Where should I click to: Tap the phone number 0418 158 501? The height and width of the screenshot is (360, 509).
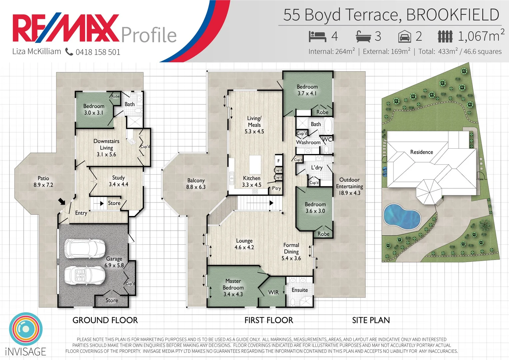click(98, 52)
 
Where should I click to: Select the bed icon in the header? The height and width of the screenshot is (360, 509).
click(317, 36)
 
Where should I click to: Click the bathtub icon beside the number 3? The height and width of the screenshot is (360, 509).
click(363, 36)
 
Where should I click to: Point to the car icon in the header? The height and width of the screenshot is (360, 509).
click(404, 36)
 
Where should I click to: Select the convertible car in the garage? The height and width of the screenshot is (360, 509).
click(85, 275)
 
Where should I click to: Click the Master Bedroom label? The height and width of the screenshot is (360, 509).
click(233, 287)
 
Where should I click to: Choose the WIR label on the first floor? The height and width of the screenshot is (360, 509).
click(273, 292)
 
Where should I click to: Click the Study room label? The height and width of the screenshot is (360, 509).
click(118, 181)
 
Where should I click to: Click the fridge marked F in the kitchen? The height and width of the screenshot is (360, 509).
click(279, 161)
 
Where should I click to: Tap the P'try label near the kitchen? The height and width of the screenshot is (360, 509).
click(276, 188)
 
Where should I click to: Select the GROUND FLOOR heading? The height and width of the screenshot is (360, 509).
click(105, 320)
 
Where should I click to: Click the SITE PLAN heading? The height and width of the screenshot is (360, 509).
click(371, 320)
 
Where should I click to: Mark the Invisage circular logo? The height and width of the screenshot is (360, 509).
click(26, 329)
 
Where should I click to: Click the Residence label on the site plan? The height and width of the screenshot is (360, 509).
click(421, 152)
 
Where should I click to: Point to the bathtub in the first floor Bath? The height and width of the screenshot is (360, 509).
click(328, 126)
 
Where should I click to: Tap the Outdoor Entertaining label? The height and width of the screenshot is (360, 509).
click(349, 186)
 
